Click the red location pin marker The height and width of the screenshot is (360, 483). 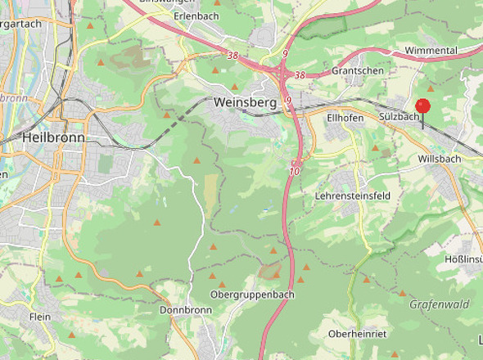point(422,107)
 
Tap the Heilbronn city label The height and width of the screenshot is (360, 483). point(53,137)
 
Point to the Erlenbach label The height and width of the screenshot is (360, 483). point(196,16)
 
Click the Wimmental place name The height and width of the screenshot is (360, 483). point(431,50)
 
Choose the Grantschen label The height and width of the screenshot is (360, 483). point(358,71)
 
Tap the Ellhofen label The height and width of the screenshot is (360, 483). point(345,118)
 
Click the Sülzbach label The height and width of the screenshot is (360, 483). point(399,118)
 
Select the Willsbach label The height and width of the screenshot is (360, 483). point(439,158)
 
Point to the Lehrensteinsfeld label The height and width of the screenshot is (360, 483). point(353,196)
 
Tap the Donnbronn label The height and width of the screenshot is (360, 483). point(186,311)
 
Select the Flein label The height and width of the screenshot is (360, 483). point(40,317)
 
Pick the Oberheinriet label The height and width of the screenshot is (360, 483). point(356,334)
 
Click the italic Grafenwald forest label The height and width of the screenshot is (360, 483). point(440,304)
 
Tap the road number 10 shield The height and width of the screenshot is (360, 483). point(294,171)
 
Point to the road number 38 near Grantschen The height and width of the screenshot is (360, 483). point(300,75)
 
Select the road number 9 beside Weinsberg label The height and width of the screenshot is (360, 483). point(288,101)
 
